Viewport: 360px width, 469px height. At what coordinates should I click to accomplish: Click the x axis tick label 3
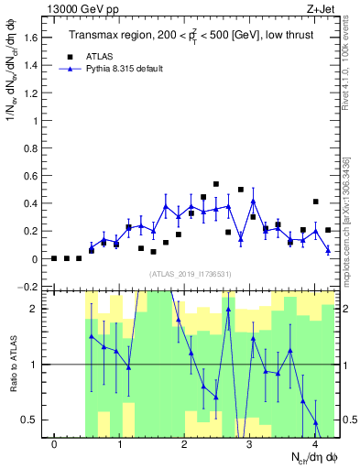pos(250,444)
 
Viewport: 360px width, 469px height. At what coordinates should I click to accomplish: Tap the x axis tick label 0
pos(55,444)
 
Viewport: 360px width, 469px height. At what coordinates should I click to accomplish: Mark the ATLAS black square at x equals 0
pos(55,258)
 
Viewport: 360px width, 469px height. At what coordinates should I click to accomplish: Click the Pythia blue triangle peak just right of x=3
pos(253,201)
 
